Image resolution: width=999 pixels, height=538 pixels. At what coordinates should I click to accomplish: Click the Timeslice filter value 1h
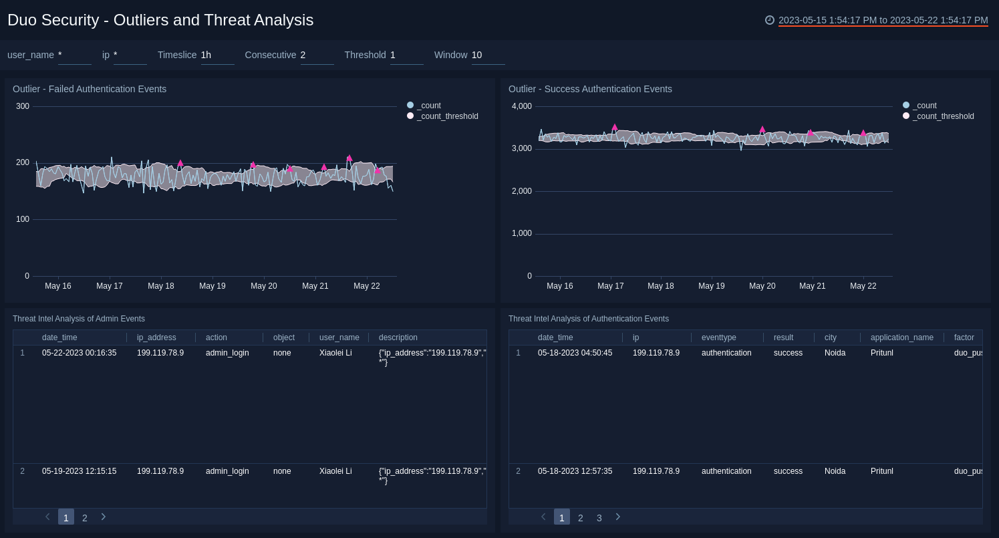click(206, 55)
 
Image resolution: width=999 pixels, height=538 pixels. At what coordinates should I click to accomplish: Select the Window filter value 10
click(477, 55)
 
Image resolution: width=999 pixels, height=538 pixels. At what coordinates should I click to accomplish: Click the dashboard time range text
click(883, 20)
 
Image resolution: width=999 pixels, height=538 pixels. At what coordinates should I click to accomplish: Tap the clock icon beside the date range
click(770, 20)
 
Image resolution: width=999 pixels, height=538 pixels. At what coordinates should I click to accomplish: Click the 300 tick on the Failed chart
click(23, 106)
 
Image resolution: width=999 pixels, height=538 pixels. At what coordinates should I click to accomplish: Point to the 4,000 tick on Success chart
click(521, 106)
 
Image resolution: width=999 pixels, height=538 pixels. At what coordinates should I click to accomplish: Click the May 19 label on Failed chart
click(212, 286)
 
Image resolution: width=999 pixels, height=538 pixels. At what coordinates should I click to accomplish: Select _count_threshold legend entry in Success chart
click(943, 116)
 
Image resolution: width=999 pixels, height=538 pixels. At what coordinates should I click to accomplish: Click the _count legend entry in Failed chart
click(428, 106)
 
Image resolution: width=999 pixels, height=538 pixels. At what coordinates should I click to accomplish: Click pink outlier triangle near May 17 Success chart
click(615, 127)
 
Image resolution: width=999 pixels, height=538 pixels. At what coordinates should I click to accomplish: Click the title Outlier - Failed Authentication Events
click(90, 89)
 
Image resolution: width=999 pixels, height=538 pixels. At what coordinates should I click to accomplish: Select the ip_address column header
click(156, 338)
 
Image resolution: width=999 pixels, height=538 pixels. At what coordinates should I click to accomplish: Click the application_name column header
click(901, 338)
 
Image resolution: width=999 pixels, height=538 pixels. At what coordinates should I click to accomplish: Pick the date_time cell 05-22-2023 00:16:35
click(79, 353)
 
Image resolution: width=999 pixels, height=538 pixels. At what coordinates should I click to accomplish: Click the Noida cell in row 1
click(835, 353)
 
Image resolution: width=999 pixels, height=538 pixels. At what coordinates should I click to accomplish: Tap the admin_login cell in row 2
click(227, 471)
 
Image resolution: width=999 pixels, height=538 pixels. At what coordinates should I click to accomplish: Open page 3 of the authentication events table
click(599, 518)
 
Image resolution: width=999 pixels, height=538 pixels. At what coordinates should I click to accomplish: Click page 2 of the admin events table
click(85, 518)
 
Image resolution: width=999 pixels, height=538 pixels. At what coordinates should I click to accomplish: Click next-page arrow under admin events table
click(104, 517)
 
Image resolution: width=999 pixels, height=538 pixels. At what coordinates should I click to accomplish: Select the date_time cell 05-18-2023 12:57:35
click(575, 471)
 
